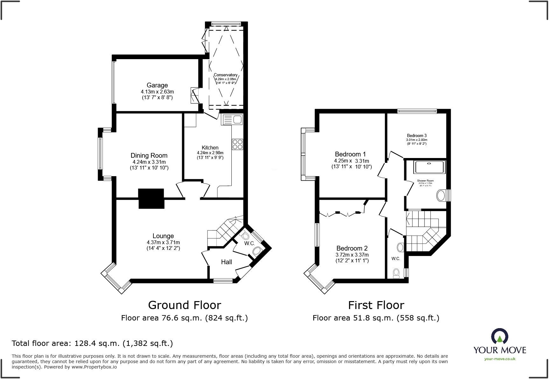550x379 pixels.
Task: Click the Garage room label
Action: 157,85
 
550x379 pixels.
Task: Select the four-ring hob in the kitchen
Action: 237,144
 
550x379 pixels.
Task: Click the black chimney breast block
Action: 151,199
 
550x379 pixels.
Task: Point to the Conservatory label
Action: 225,75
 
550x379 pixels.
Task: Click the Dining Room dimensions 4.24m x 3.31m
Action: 149,162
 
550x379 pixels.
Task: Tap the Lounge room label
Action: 163,236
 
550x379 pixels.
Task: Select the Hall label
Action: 226,262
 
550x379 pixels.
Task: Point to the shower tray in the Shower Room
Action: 429,167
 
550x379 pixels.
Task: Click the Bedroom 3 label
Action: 416,135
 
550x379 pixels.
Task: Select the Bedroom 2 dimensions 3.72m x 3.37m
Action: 352,255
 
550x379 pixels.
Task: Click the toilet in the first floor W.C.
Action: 396,272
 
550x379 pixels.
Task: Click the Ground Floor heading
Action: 185,305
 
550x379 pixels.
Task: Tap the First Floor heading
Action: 376,305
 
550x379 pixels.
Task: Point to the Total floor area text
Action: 92,343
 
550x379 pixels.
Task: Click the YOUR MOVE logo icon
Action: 499,336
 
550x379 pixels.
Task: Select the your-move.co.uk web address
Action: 499,359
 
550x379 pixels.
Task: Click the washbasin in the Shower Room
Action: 441,196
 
